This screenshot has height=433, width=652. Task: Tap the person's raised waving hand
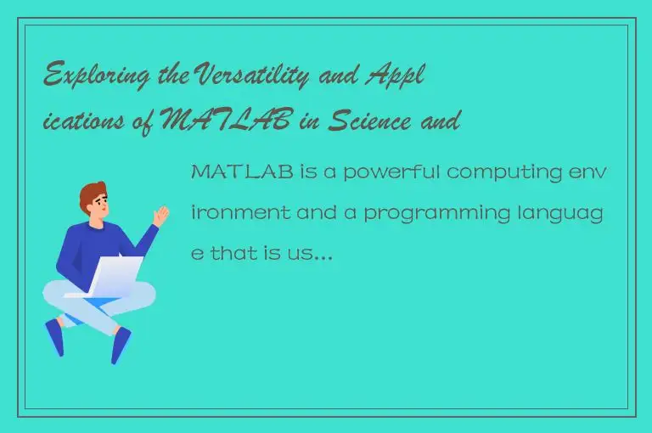point(160,213)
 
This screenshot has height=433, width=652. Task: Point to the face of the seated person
point(99,206)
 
